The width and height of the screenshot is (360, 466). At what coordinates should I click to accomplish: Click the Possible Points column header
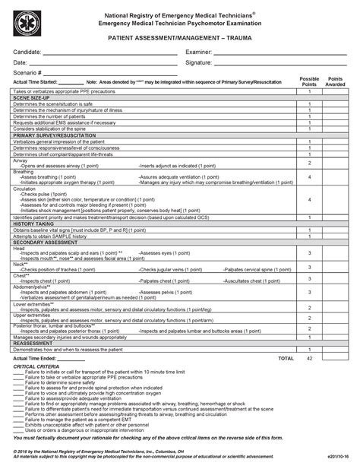coord(309,81)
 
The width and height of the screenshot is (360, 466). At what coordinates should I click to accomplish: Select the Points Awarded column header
coord(336,81)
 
